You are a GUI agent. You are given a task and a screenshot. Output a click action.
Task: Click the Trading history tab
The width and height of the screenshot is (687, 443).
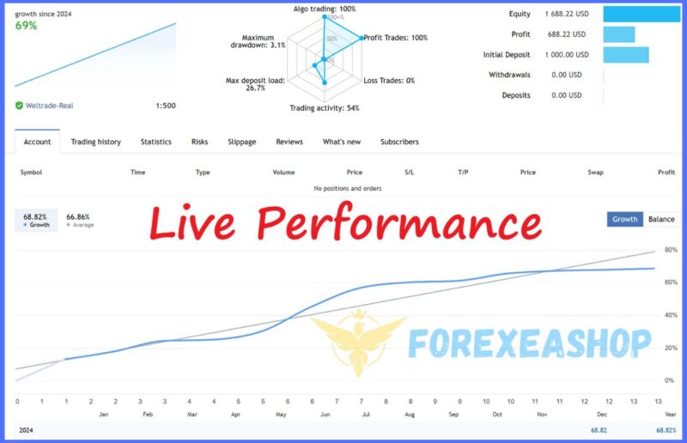[95, 142]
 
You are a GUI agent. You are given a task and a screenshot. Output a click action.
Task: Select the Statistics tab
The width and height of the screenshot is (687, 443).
[155, 142]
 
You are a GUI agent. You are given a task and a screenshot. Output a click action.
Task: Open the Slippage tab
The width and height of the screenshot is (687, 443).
[242, 142]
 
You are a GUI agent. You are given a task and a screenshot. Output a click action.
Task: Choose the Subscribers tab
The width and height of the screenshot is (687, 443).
[399, 142]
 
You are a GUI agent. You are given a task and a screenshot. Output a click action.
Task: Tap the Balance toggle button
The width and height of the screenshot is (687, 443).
[661, 219]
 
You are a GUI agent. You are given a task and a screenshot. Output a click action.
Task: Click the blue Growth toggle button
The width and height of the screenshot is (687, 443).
[625, 219]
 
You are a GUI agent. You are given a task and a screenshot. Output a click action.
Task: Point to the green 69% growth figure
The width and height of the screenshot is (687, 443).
[27, 26]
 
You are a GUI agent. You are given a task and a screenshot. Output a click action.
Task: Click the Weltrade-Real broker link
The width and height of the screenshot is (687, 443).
[49, 106]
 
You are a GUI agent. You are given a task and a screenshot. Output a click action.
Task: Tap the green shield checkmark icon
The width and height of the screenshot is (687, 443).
[19, 106]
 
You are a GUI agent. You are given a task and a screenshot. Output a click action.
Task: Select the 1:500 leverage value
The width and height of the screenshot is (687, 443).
[166, 106]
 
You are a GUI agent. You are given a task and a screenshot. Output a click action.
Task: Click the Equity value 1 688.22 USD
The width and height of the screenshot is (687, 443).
[567, 14]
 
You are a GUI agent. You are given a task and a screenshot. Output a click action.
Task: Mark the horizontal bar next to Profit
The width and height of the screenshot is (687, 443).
[618, 34]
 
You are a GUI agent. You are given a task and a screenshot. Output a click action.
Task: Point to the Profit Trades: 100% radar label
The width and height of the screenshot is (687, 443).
[396, 38]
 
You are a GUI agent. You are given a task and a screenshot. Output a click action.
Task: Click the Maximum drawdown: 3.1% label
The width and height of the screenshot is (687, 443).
[258, 41]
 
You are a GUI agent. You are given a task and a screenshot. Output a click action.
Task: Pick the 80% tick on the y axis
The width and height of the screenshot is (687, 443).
[671, 250]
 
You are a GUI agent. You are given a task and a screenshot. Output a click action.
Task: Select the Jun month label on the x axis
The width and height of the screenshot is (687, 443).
[325, 414]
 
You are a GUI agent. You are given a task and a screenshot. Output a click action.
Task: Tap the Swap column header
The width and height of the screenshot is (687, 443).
[595, 173]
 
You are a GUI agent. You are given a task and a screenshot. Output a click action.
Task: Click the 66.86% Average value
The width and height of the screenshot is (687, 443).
[78, 217]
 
